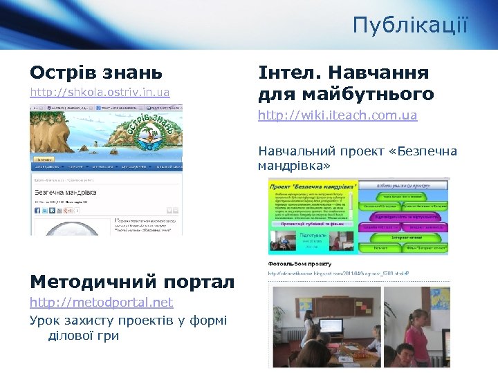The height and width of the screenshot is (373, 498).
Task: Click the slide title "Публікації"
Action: [x=409, y=26]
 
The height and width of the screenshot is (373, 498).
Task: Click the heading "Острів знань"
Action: [x=95, y=72]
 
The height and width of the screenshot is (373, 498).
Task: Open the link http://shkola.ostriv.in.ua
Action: [x=99, y=92]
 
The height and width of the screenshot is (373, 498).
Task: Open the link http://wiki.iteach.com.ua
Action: [x=338, y=115]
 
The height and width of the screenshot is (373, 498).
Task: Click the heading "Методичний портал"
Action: [x=131, y=281]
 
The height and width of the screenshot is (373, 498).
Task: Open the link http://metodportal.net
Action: [x=101, y=303]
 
